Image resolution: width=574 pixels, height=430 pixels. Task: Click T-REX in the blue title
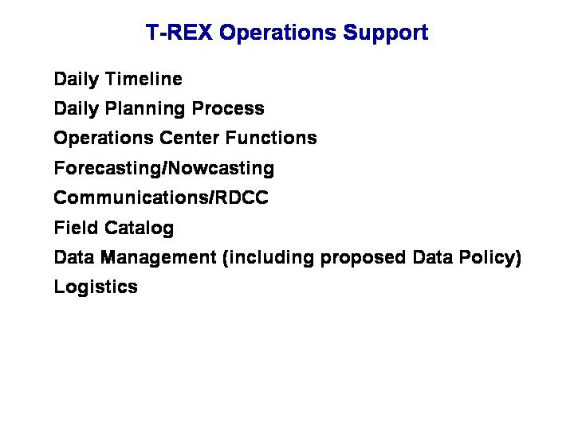[x=179, y=32]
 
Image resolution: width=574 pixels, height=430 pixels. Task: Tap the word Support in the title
[x=386, y=33]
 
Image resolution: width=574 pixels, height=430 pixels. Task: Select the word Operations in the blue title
[x=277, y=33]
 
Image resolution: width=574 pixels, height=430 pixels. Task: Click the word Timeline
[x=143, y=79]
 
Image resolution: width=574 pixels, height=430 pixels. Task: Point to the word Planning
[x=145, y=109]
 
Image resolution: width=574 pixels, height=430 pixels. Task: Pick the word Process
[x=228, y=108]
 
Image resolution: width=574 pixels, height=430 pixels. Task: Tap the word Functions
[x=271, y=138]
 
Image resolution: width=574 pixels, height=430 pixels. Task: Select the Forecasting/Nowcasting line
[x=164, y=169]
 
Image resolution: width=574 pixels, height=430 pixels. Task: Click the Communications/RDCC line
[x=161, y=197]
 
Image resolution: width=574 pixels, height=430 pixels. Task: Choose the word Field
[x=76, y=228]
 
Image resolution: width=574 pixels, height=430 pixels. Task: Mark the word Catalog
[x=139, y=229]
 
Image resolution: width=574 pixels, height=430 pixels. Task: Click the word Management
[x=158, y=258]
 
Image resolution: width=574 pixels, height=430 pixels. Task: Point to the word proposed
[x=364, y=258]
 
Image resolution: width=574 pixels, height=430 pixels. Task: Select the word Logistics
[x=96, y=287]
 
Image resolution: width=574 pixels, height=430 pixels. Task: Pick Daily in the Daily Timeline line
[x=77, y=80]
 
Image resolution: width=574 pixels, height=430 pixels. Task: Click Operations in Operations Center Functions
[x=103, y=139]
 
